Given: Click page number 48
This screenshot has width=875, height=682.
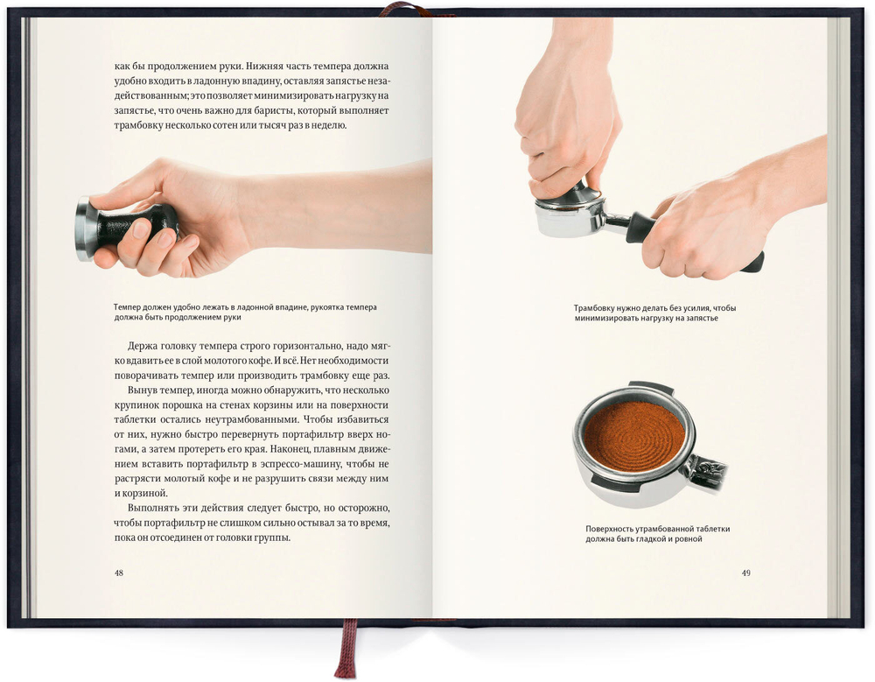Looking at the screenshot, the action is (x=119, y=573).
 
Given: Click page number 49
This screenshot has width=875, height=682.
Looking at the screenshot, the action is (x=746, y=573).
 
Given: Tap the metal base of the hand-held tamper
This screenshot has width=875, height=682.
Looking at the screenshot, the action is (x=84, y=229).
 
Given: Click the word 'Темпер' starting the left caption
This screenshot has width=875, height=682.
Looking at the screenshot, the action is (x=127, y=308).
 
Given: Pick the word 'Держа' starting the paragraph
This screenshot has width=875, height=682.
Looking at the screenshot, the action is (x=141, y=347).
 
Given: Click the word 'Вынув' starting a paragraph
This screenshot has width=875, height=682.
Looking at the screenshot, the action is (x=142, y=390).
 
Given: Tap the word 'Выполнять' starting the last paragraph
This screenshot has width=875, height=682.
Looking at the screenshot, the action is (x=150, y=509).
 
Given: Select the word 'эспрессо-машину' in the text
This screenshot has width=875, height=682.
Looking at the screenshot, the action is (x=301, y=464).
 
